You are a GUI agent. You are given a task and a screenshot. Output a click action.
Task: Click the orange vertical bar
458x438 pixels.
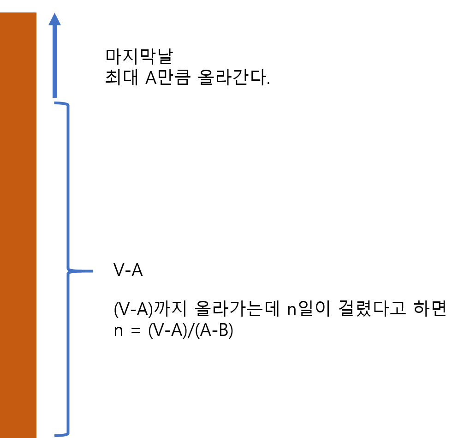tap(18, 225)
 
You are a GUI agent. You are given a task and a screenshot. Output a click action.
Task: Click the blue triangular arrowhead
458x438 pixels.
tap(55, 20)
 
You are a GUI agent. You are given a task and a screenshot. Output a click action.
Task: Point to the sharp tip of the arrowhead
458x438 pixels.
tap(55, 13)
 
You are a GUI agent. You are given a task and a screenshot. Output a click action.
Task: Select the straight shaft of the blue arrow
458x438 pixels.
tap(55, 60)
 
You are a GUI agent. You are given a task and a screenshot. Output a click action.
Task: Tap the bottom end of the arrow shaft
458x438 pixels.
tap(55, 96)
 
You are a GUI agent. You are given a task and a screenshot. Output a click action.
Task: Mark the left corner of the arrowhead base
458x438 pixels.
tap(49, 25)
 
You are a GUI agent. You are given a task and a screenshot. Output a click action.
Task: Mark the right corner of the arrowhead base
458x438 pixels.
tap(61, 25)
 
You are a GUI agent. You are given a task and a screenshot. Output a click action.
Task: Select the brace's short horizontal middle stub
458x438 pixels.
tap(83, 271)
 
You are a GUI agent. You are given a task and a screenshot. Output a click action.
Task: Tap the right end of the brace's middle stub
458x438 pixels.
tap(92, 271)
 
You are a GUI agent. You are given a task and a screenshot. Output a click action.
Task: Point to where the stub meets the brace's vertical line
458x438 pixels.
tap(69, 271)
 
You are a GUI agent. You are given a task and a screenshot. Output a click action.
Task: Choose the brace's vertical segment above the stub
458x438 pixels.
tap(69, 185)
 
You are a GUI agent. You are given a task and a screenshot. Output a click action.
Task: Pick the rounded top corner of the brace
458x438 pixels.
tap(67, 105)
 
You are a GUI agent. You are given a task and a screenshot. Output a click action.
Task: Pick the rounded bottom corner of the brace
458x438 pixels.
tap(67, 433)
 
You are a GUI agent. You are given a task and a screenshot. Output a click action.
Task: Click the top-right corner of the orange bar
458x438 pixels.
tap(36, 13)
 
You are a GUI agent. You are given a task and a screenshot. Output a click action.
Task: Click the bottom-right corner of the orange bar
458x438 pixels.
tap(36, 437)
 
